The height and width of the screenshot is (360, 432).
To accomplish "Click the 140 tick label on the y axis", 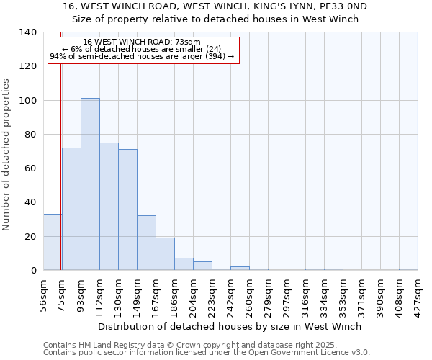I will coord(28,32).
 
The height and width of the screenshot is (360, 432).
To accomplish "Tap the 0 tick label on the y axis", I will coord(34,271).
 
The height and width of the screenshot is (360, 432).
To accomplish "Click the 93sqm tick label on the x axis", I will coord(81,290).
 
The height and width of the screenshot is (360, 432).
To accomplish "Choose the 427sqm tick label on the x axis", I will coord(418,290).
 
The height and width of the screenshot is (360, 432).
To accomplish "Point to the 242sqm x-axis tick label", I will coord(230,290).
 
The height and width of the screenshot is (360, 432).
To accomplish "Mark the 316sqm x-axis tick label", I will coord(305,290).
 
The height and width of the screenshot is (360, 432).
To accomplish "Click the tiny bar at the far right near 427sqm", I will coord(408,269).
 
